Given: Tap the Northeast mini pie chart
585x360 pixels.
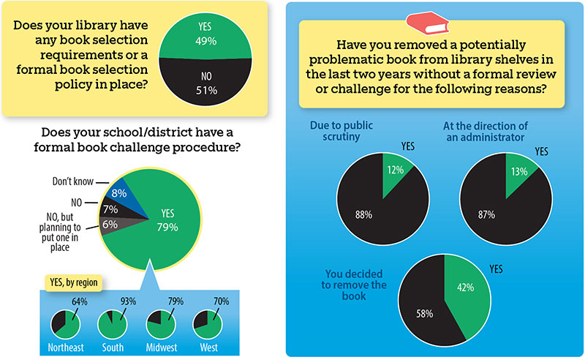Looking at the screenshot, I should click(x=64, y=323).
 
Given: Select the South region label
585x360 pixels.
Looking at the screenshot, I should click(x=113, y=348).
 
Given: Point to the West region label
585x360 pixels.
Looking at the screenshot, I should click(x=208, y=348).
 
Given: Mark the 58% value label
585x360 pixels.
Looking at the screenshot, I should click(x=424, y=314).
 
